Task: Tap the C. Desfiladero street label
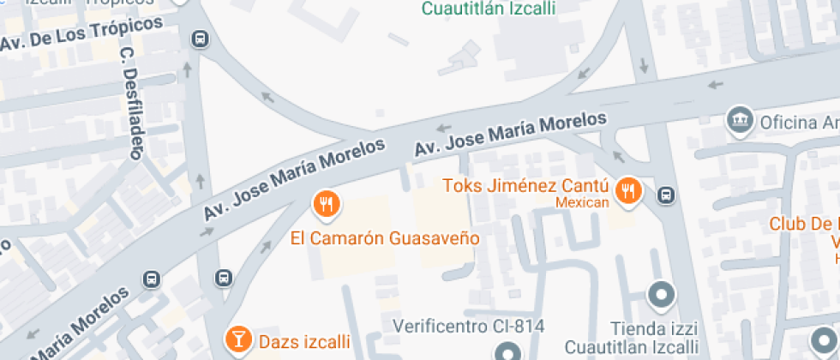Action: point(130,102)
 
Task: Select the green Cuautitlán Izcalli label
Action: point(489,9)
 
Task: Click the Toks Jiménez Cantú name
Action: point(525,186)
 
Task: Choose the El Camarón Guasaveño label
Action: point(384,237)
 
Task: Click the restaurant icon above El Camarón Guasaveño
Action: point(326,204)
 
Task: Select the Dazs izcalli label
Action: point(302,342)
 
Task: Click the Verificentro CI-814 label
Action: point(468,326)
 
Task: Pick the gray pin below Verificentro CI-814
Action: point(507,352)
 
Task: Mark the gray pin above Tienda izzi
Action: point(660,297)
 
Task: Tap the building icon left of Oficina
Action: point(738,121)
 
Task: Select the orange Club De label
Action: point(803,225)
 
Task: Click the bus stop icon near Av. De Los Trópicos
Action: point(200,39)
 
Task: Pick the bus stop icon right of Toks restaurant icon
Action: point(665,195)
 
